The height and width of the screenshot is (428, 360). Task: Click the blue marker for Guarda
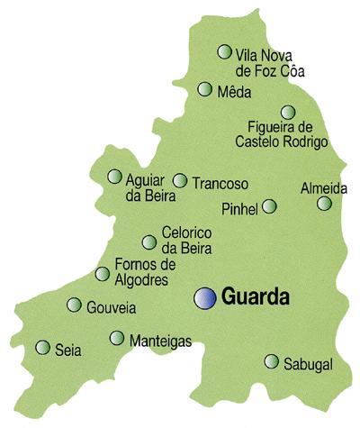click(206, 297)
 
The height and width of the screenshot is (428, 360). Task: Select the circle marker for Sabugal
click(271, 361)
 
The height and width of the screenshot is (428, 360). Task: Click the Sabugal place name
click(308, 364)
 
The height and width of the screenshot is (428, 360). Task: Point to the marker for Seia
click(42, 347)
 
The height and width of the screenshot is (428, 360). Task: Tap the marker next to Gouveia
click(74, 305)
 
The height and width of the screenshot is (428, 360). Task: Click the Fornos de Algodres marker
click(102, 274)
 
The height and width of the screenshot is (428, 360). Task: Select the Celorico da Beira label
click(186, 239)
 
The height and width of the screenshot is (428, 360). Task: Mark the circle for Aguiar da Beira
click(114, 177)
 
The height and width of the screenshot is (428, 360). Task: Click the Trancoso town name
click(220, 183)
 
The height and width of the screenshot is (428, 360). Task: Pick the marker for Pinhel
click(269, 206)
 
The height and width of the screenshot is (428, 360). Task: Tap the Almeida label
click(323, 188)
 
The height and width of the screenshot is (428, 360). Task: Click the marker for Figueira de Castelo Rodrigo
click(287, 112)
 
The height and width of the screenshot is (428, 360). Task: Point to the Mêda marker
click(204, 88)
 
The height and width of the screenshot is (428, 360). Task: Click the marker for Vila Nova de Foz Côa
click(224, 51)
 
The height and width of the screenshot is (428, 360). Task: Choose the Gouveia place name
click(112, 308)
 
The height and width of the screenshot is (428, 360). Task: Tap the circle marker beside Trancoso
click(180, 180)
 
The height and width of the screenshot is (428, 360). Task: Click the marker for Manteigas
click(116, 338)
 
